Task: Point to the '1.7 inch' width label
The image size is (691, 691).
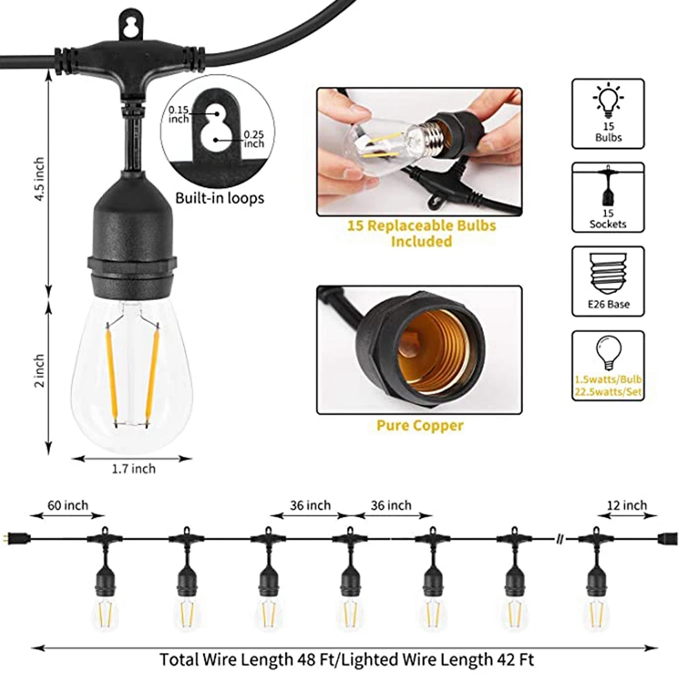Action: pyautogui.click(x=134, y=469)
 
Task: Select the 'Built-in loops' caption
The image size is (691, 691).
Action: pyautogui.click(x=219, y=199)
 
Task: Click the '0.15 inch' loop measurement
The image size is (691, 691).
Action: pyautogui.click(x=178, y=115)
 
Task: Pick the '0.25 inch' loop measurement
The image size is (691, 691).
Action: pyautogui.click(x=254, y=139)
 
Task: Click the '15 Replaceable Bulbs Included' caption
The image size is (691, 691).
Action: pyautogui.click(x=421, y=233)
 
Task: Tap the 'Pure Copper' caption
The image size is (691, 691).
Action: pyautogui.click(x=419, y=425)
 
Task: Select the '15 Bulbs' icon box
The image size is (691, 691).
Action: pyautogui.click(x=608, y=113)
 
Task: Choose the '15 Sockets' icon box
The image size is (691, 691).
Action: pyautogui.click(x=608, y=198)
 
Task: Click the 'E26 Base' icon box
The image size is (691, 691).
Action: pyautogui.click(x=608, y=282)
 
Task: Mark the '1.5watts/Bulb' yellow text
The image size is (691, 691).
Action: pyautogui.click(x=608, y=379)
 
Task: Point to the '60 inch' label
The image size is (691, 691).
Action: pyautogui.click(x=67, y=506)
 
